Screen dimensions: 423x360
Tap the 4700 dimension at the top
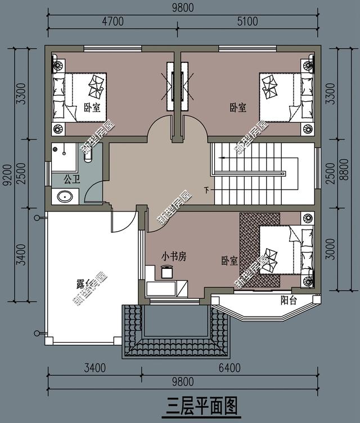point(112,22)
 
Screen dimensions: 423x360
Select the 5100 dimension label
point(246,22)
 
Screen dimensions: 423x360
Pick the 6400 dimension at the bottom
point(229,368)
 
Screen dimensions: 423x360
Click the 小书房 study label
point(173,256)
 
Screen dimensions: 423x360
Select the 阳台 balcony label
point(288,300)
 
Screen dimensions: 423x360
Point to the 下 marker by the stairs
point(206,190)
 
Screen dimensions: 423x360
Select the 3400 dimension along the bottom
point(94,368)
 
